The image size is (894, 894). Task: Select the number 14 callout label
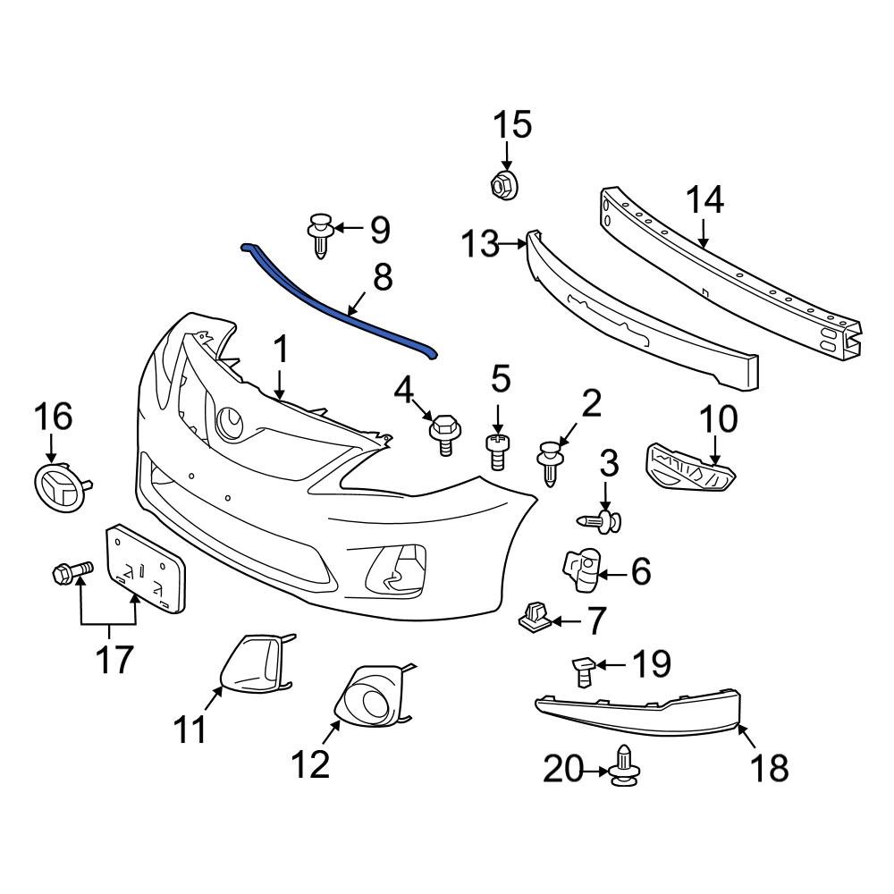(704, 200)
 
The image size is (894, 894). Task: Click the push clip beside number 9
(321, 234)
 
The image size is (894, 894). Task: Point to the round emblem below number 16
(57, 485)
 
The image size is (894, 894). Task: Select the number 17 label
(115, 659)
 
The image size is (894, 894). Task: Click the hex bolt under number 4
(443, 432)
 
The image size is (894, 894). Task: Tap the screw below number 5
(498, 451)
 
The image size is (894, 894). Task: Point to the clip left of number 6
(579, 569)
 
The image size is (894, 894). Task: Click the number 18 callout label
(769, 766)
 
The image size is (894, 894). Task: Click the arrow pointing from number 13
(513, 242)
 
